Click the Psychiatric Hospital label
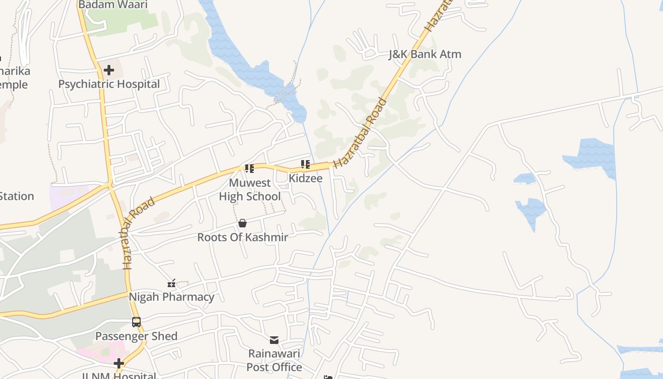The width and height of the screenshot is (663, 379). pos(109,84)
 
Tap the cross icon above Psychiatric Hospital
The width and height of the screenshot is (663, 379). pos(109,71)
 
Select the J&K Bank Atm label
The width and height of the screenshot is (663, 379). pos(425,54)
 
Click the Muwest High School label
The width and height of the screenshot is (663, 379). pos(250,189)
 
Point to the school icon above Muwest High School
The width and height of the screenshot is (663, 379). pos(250,168)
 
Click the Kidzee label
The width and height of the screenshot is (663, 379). pos(305,179)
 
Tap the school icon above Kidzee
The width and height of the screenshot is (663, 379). pos(305,164)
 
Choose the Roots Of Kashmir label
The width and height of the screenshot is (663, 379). pos(242,237)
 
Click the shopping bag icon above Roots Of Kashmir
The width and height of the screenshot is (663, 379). pos(242,223)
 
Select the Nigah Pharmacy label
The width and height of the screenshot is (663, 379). pos(171,298)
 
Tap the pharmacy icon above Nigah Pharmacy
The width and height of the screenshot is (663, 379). pos(171,283)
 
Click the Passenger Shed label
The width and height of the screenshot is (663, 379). pos(136,336)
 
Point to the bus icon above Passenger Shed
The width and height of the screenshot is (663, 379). pos(136,322)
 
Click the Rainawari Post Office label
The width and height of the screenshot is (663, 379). pos(274,361)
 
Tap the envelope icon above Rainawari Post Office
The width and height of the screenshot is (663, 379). pos(274,340)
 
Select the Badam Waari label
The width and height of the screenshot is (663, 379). pos(113,5)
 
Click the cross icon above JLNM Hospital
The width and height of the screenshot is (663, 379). pos(119,364)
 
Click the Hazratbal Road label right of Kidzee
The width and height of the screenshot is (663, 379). pos(360,133)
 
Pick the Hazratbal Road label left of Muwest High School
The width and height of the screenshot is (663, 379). pos(139,234)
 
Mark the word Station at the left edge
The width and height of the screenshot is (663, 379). pos(17,197)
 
